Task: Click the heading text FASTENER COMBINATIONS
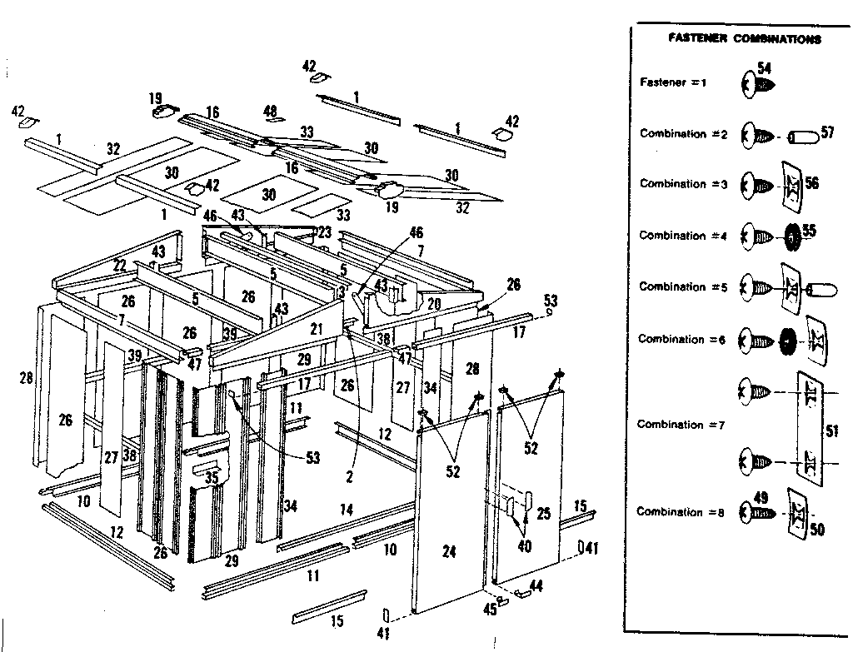tap(745, 39)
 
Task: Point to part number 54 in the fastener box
tap(766, 67)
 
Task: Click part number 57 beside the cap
tap(827, 132)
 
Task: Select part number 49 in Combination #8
tap(761, 498)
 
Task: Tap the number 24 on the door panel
tap(450, 550)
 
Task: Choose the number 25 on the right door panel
tap(543, 514)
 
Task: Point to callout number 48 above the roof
tap(270, 111)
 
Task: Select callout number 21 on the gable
tap(316, 330)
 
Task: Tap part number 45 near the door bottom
tap(490, 610)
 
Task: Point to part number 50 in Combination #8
tap(817, 529)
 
